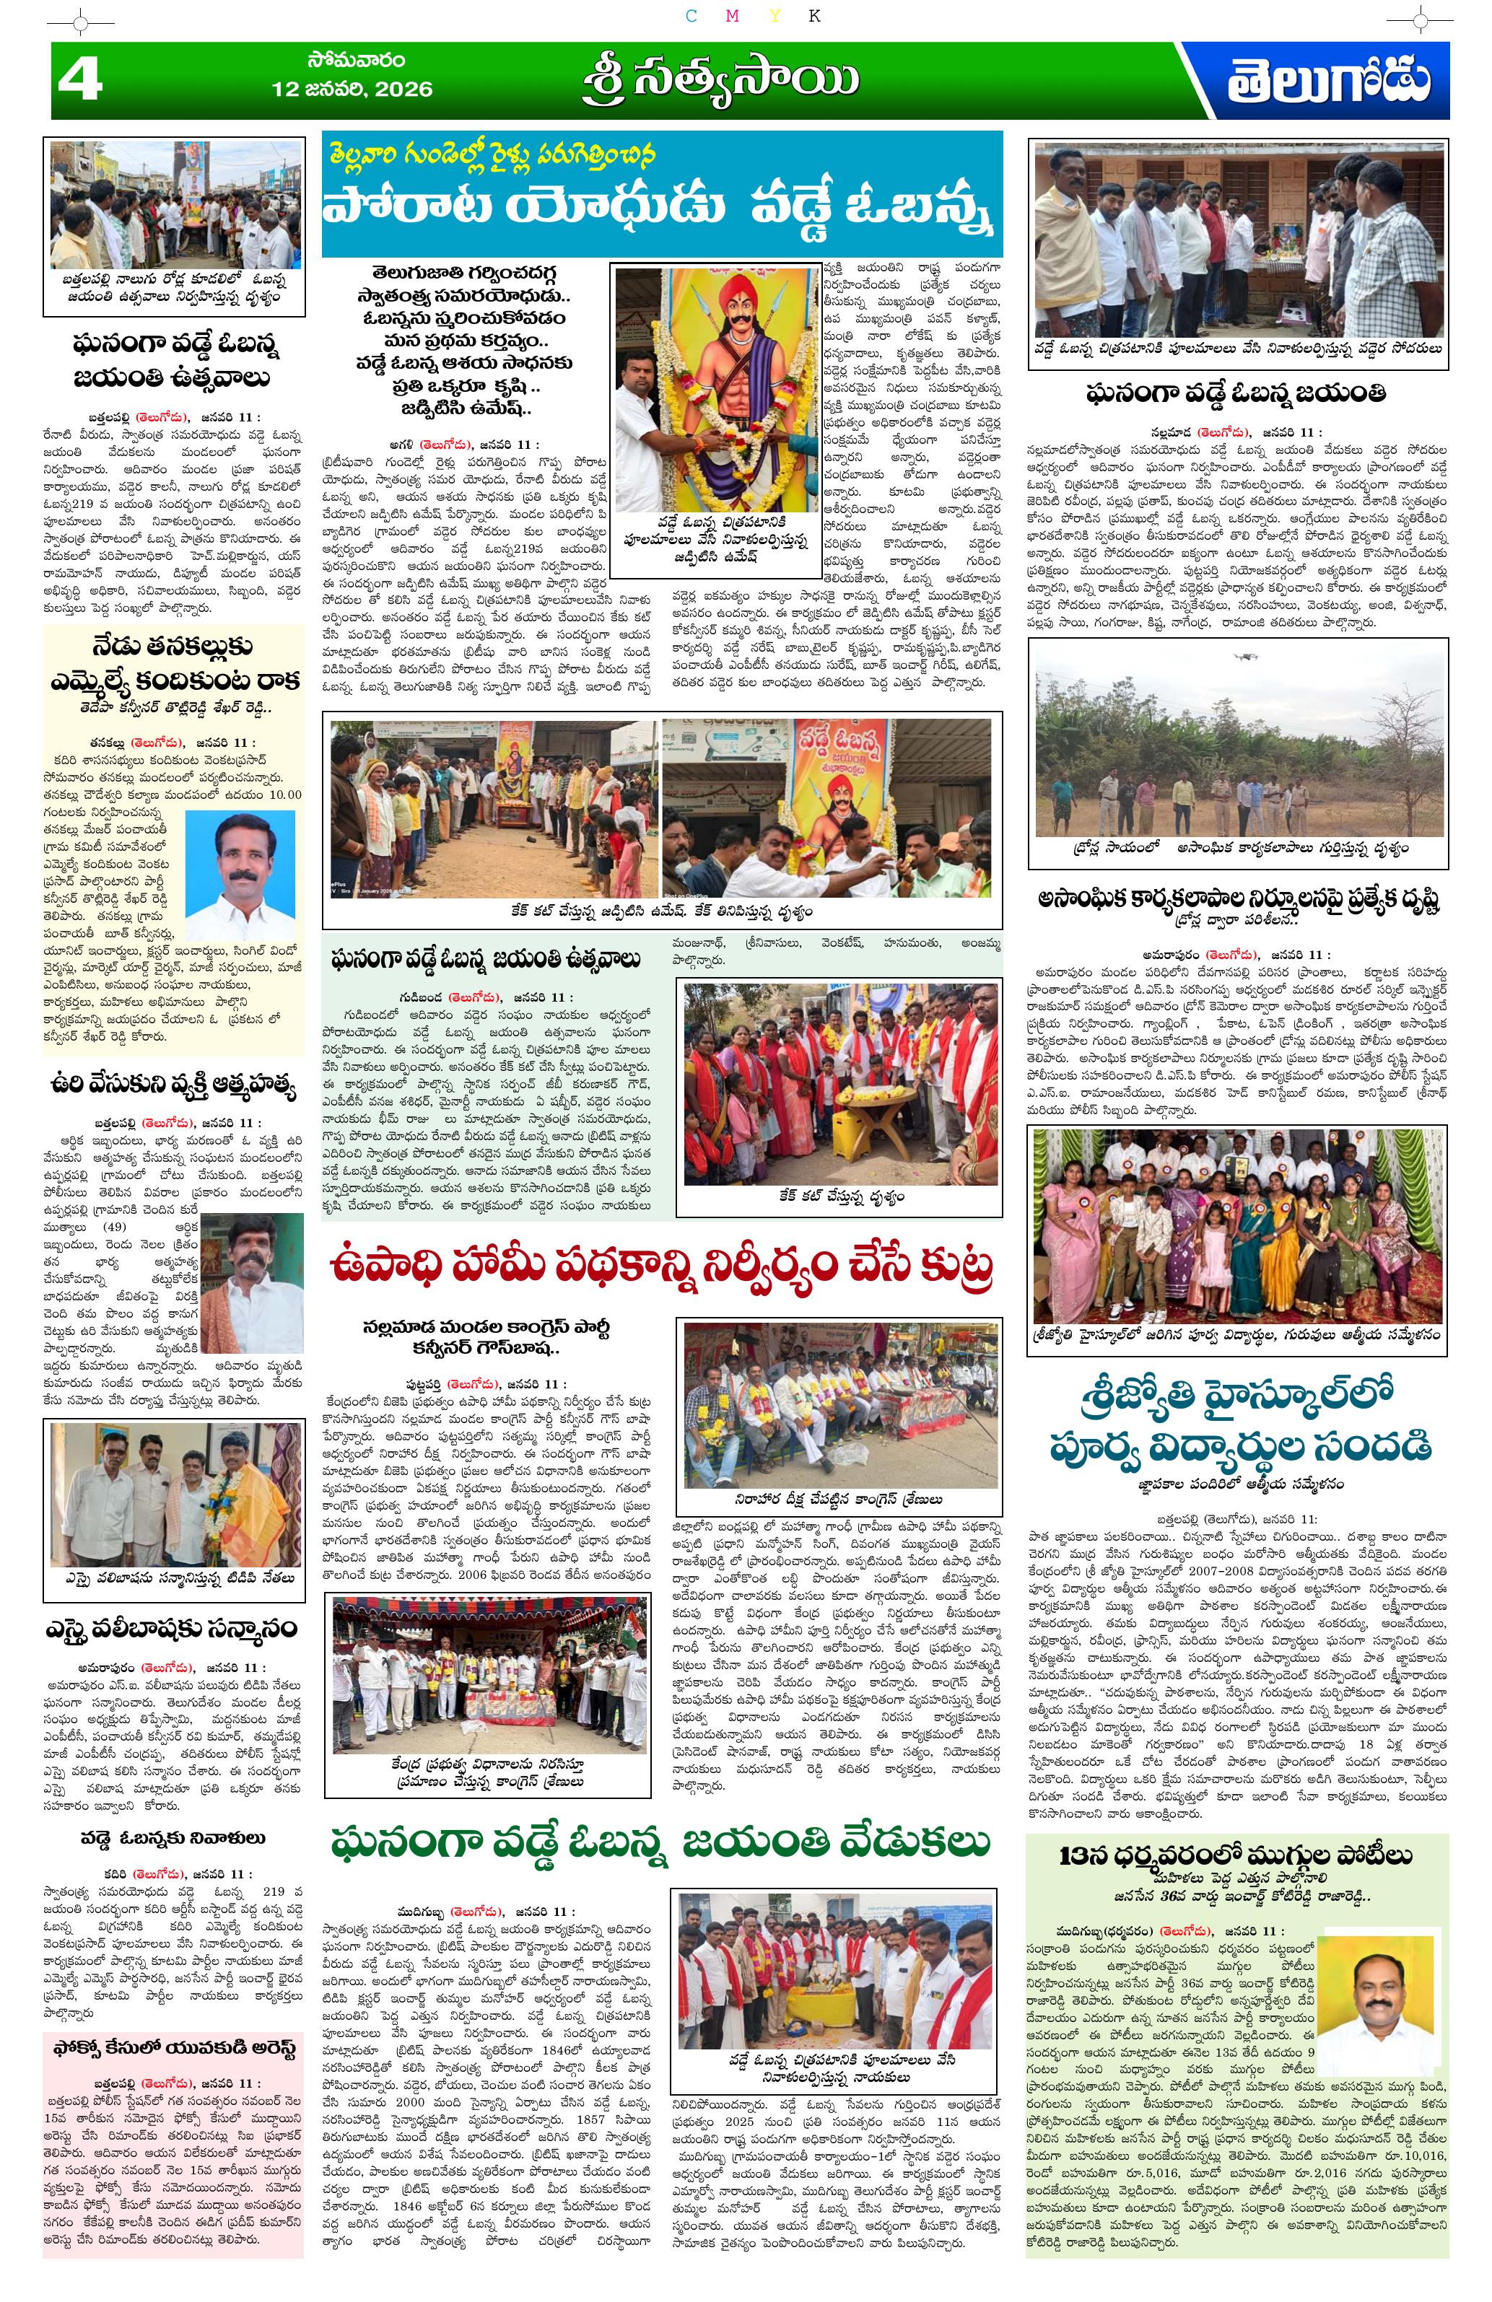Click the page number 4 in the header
click(x=80, y=79)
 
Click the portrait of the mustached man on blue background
click(x=240, y=875)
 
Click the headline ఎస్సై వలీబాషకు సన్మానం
click(x=173, y=1628)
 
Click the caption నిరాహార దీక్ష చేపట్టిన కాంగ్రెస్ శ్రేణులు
click(x=838, y=1500)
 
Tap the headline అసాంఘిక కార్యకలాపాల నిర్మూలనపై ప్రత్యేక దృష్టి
click(x=1237, y=900)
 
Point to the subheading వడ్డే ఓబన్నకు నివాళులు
click(x=173, y=1838)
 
